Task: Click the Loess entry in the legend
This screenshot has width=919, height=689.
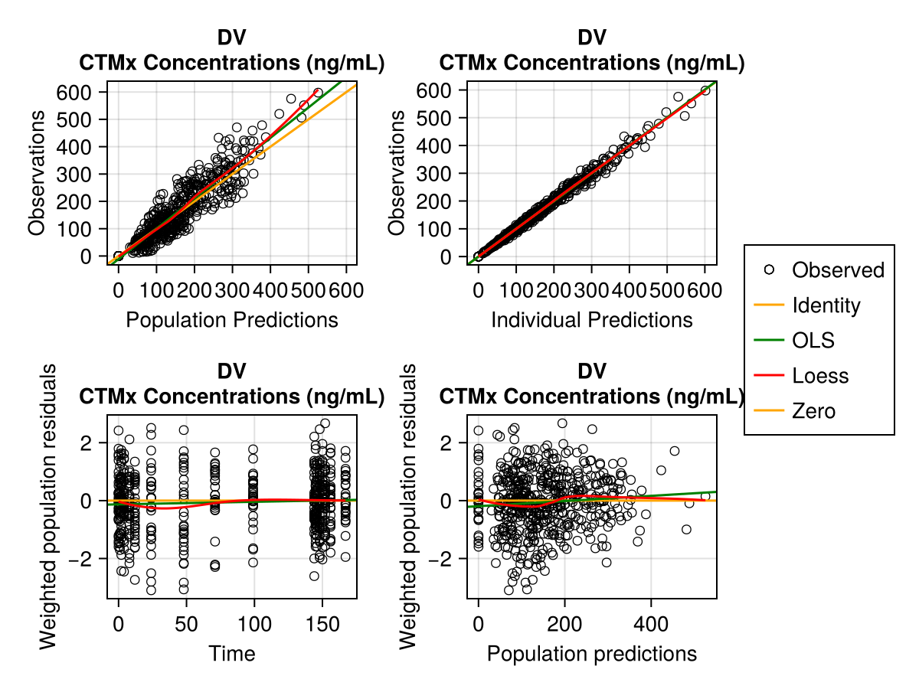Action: [x=820, y=376]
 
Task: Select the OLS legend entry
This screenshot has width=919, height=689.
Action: [x=813, y=341]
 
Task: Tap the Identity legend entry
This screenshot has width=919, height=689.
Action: [x=826, y=305]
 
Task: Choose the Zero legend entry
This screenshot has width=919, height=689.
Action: [x=814, y=411]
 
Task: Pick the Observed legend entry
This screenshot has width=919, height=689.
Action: [x=838, y=270]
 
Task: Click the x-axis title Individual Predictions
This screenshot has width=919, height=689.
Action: [x=591, y=320]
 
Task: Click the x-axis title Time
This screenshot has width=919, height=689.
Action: [x=232, y=654]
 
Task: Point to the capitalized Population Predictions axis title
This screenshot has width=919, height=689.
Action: [x=231, y=320]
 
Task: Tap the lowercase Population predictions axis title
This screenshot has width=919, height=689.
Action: [x=591, y=654]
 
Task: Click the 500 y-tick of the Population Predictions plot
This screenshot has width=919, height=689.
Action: [x=80, y=119]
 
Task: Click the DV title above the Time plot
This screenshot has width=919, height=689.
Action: [x=231, y=371]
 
